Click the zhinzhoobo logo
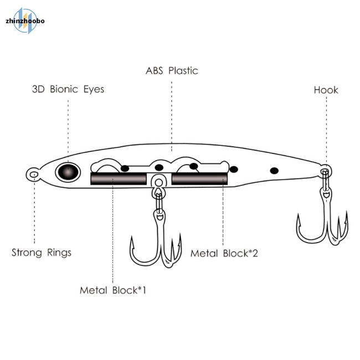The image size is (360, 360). [x=25, y=21]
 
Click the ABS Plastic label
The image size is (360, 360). [x=172, y=71]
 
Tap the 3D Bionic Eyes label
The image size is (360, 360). [x=68, y=89]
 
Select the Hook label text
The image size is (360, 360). [x=326, y=90]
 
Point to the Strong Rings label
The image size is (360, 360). [x=42, y=253]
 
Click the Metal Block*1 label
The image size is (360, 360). [x=113, y=290]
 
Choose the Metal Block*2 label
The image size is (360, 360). [x=224, y=254]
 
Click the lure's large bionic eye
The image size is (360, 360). [x=68, y=172]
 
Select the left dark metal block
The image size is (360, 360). [x=119, y=179]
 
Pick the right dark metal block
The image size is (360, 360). [x=200, y=179]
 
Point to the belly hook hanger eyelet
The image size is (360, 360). [x=158, y=183]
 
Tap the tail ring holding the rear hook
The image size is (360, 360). [x=326, y=171]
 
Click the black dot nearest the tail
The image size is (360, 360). [x=274, y=171]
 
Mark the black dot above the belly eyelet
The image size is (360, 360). [x=159, y=168]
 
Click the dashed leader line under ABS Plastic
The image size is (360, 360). [x=172, y=116]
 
